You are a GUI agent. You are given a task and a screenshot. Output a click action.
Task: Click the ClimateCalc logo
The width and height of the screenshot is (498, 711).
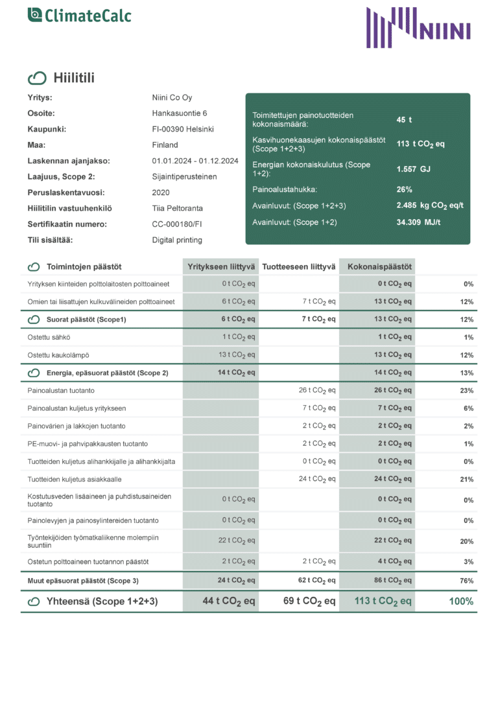(79, 15)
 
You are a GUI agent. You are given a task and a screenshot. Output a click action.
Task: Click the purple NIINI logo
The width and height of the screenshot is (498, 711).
(418, 28)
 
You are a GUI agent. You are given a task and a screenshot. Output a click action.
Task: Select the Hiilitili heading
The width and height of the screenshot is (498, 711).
(74, 78)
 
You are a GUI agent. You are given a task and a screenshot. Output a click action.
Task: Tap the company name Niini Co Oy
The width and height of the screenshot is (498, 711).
(172, 98)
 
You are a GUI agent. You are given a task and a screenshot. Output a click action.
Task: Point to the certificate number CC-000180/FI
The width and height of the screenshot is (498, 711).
(178, 224)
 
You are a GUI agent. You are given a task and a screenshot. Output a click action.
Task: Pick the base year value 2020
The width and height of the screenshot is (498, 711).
(161, 192)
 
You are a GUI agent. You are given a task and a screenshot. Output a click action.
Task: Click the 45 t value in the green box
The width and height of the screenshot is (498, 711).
(404, 120)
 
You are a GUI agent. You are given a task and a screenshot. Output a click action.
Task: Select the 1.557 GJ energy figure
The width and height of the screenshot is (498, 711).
(414, 169)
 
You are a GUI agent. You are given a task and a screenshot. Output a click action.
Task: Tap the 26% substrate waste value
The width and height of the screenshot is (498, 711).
(405, 189)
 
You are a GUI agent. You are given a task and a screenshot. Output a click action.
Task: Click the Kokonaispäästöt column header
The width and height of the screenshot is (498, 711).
(377, 266)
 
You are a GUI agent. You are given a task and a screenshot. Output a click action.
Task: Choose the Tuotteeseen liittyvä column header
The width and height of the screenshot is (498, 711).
(299, 266)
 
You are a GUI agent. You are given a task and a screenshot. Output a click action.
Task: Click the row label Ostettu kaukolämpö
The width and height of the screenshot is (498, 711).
(58, 355)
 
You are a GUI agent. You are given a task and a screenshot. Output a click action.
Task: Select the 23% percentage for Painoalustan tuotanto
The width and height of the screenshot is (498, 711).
(466, 391)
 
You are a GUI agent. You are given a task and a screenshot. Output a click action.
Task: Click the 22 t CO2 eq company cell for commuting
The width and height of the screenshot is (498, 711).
(237, 541)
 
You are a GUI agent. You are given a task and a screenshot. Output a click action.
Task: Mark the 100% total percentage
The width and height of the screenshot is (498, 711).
(461, 601)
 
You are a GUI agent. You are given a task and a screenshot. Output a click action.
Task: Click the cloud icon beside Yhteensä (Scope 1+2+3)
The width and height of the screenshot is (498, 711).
(34, 601)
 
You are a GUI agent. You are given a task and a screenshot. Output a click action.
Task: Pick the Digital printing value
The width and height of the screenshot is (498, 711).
(177, 240)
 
